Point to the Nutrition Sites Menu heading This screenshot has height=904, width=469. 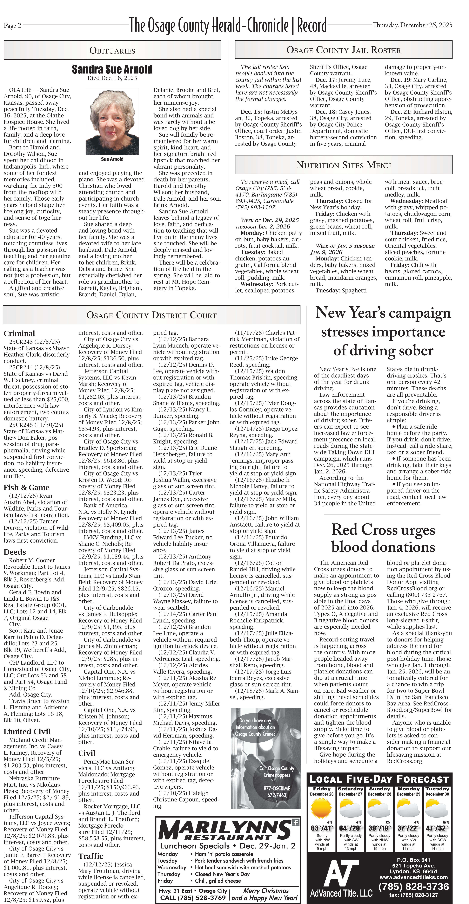click(x=343, y=165)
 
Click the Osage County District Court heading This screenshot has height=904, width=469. click(x=151, y=315)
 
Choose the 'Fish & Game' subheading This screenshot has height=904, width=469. click(x=26, y=487)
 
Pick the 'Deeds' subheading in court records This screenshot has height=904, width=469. click(x=15, y=552)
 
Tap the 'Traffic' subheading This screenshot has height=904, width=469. click(x=91, y=856)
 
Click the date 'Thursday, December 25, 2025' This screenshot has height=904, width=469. click(x=412, y=25)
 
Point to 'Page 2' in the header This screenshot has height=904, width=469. click(x=12, y=25)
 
